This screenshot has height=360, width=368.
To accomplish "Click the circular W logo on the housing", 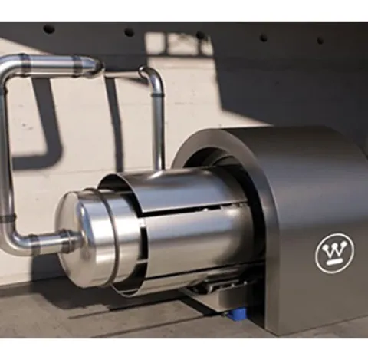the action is [335, 253].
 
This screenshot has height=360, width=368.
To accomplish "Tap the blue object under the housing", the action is [238, 314].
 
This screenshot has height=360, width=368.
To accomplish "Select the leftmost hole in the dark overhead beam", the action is [49, 29].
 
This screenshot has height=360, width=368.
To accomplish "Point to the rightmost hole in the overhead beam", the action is [320, 40].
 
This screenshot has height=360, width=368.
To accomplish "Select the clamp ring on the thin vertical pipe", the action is [157, 95].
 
